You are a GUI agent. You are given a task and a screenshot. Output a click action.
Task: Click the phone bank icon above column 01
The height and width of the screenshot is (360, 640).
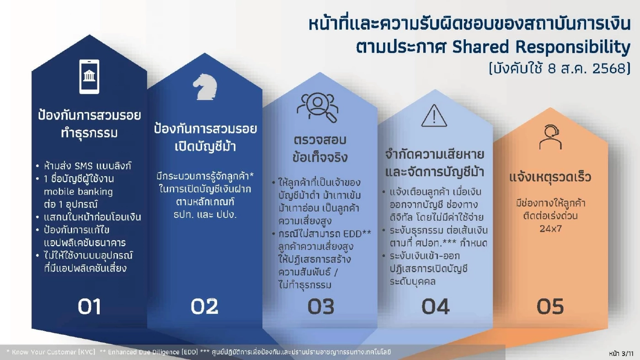click(89, 76)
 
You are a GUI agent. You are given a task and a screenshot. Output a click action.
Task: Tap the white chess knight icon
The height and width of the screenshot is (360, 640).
click(204, 87)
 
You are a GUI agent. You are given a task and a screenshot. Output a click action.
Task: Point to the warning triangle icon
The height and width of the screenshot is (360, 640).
click(434, 116)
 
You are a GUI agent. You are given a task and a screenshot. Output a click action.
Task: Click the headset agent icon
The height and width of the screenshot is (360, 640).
click(550, 137)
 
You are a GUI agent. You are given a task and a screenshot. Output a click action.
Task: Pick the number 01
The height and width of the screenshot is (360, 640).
click(89, 307)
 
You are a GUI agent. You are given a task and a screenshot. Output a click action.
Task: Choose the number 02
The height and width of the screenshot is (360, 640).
click(204, 307)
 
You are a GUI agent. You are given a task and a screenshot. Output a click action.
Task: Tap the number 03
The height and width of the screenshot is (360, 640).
click(320, 307)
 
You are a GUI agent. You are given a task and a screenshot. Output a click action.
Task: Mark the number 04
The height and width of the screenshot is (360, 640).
click(435, 307)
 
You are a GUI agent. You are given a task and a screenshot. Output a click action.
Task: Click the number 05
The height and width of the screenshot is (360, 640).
click(550, 307)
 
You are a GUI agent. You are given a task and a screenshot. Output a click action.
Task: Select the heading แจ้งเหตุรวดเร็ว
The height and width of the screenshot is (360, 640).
click(550, 177)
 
